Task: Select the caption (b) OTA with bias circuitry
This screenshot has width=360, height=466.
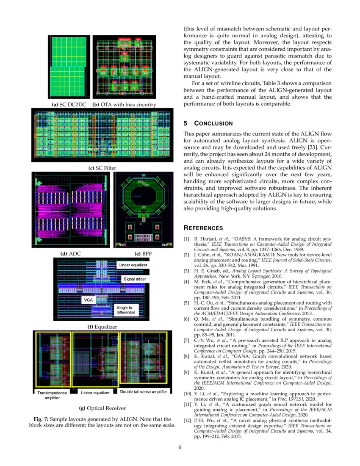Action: (124, 104)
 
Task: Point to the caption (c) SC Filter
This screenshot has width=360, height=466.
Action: (102, 168)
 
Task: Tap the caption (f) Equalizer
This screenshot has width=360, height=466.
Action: (102, 327)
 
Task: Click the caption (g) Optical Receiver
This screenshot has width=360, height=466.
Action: (102, 408)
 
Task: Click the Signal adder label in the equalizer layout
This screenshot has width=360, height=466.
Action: (135, 279)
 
